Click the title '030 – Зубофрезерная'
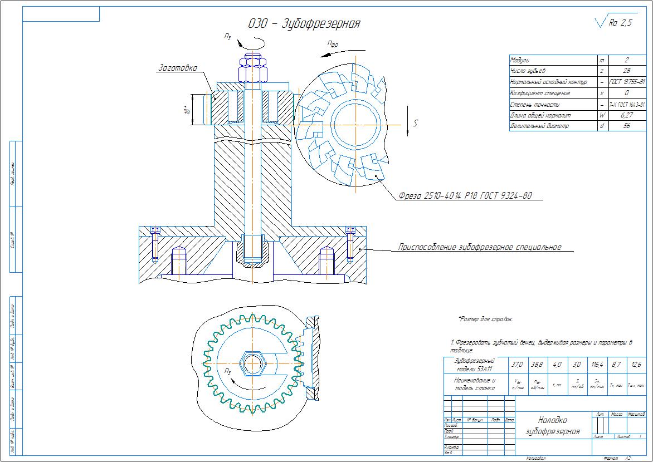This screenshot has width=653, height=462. pyautogui.click(x=304, y=24)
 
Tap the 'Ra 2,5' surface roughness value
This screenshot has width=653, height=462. pyautogui.click(x=621, y=23)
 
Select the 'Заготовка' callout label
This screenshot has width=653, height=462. pyautogui.click(x=178, y=68)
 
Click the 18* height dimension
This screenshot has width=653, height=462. pyautogui.click(x=188, y=110)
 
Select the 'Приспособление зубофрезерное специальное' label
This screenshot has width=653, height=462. pyautogui.click(x=480, y=247)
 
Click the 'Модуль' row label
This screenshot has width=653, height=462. pyautogui.click(x=520, y=60)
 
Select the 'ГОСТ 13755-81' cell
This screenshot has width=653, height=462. pyautogui.click(x=627, y=82)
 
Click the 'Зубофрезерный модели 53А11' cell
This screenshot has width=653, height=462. pyautogui.click(x=474, y=365)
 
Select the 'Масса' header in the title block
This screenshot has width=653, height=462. pyautogui.click(x=617, y=415)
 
